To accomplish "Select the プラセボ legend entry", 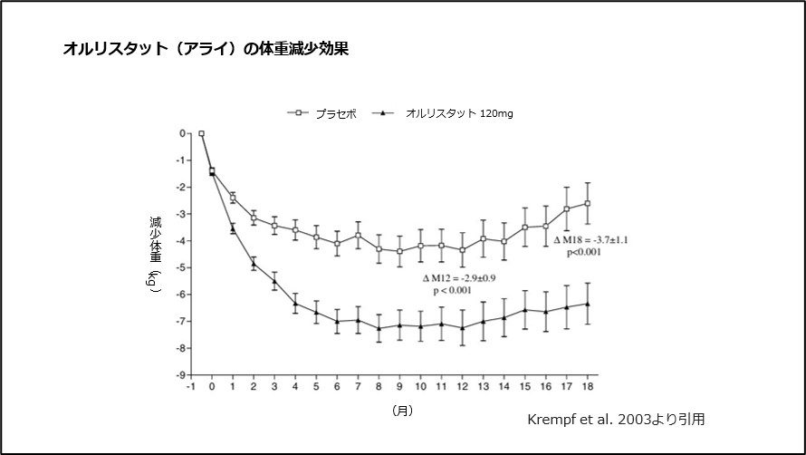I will point(322,113).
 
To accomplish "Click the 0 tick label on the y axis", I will point(183,133).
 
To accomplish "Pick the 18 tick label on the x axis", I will point(588,387).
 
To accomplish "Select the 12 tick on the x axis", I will point(463,387).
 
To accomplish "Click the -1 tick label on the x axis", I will point(191,387).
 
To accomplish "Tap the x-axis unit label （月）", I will point(402,411).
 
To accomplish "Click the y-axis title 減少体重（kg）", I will point(155,254).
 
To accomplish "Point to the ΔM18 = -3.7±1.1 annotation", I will point(590,239).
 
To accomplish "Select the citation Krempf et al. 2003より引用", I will point(615,420).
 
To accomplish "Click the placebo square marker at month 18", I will point(588,203).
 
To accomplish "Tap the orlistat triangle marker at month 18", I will point(588,304).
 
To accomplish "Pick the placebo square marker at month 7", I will point(358,236).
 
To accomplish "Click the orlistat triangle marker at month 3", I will point(274,281).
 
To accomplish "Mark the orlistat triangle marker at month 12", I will point(463,327).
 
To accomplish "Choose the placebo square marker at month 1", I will point(233,198).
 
